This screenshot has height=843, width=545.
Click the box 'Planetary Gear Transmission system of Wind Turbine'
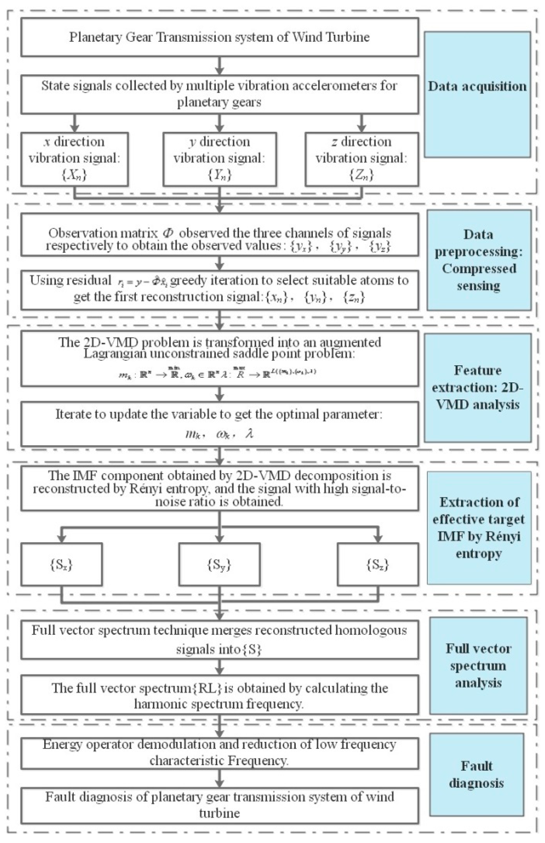[220, 37]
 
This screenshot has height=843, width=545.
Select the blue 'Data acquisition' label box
[477, 94]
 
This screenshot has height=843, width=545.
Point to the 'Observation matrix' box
[220, 234]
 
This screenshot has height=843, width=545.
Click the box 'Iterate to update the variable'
[220, 423]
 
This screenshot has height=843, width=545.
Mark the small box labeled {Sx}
[62, 565]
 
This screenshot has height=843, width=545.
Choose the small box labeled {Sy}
[220, 565]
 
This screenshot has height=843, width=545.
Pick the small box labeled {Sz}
[378, 565]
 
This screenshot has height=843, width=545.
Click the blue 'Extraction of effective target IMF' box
[478, 528]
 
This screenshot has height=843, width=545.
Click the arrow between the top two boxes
[220, 65]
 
